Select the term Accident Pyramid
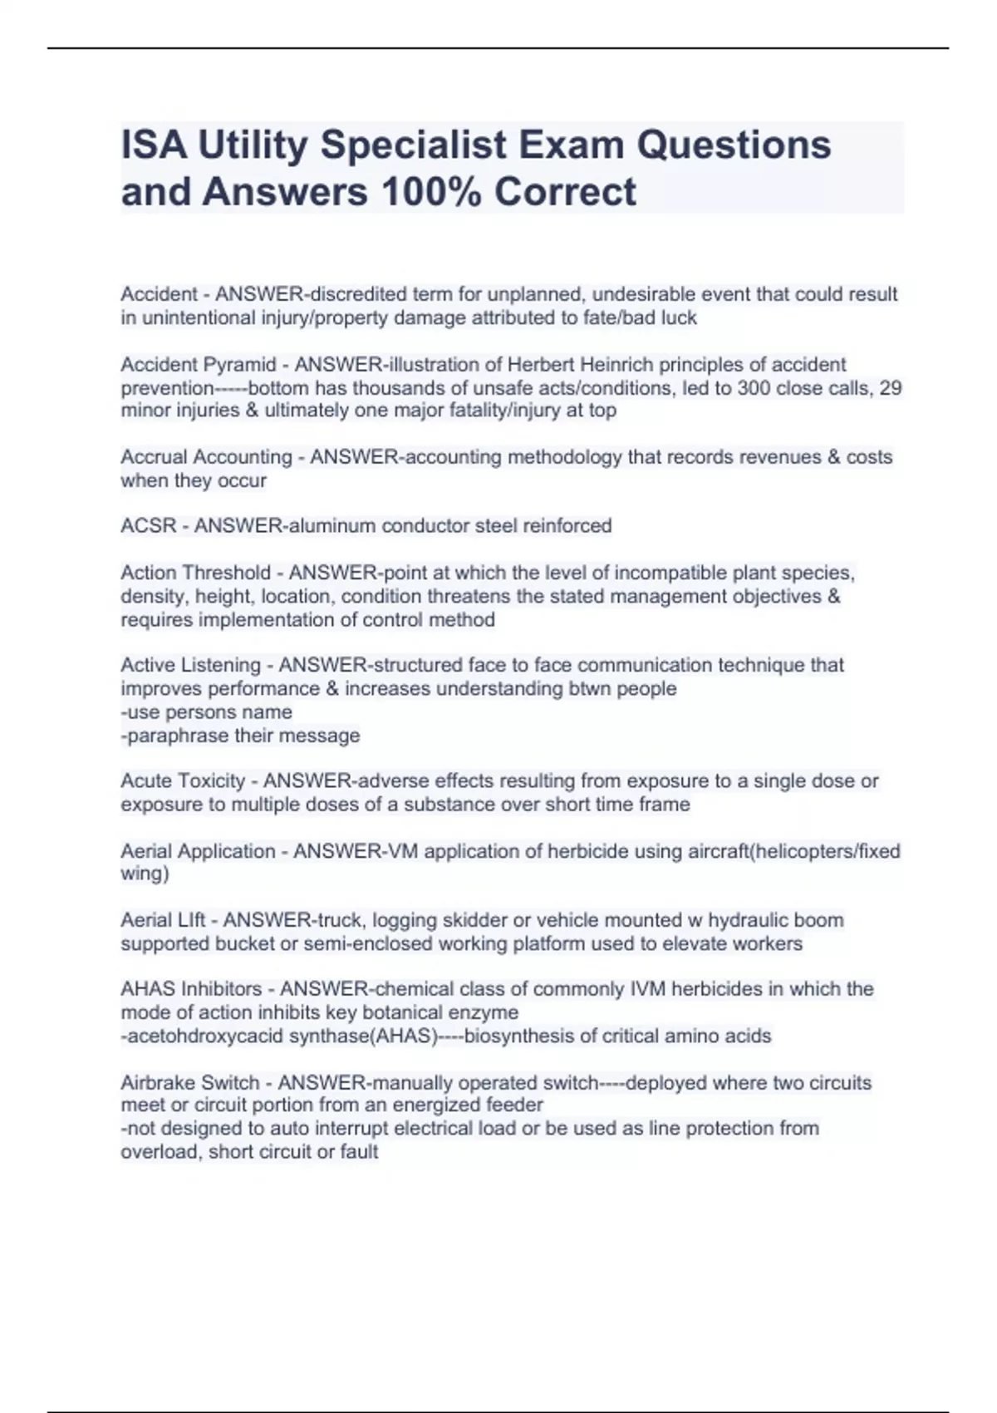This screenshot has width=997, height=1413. pyautogui.click(x=199, y=365)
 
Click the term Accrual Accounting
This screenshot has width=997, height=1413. pyautogui.click(x=206, y=457)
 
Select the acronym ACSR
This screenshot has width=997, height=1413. pyautogui.click(x=149, y=526)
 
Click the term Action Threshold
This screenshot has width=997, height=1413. pyautogui.click(x=196, y=574)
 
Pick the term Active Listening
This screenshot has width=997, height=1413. pyautogui.click(x=191, y=666)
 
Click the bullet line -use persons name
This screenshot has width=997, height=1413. pyautogui.click(x=207, y=712)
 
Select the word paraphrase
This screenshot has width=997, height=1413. pyautogui.click(x=178, y=736)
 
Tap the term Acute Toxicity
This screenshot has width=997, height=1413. pyautogui.click(x=184, y=781)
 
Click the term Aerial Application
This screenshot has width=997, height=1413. pyautogui.click(x=198, y=851)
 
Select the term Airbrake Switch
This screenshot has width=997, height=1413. pyautogui.click(x=190, y=1083)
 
